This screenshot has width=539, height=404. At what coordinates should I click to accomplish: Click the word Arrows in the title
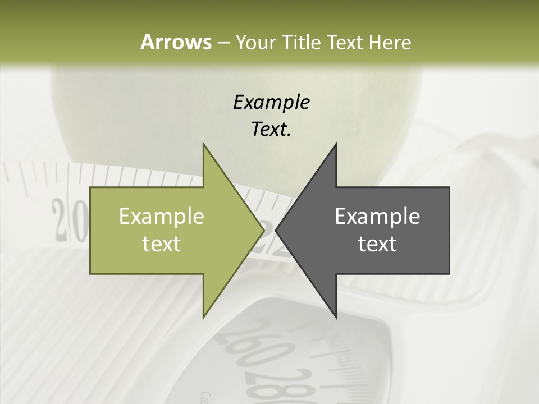[175, 42]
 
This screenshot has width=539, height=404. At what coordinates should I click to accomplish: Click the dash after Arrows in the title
[223, 43]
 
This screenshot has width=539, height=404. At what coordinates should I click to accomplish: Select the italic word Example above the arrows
[271, 102]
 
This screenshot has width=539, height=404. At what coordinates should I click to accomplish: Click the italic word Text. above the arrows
[271, 129]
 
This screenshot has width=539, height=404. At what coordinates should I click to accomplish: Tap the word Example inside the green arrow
[162, 217]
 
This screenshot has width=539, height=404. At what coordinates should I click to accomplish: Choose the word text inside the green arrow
[162, 244]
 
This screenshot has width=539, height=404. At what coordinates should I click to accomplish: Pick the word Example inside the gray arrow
[377, 217]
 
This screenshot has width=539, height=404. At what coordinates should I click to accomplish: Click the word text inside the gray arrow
[377, 244]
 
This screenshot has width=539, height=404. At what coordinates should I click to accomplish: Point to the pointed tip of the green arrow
[263, 230]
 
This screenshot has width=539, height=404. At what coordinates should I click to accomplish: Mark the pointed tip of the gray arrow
[276, 230]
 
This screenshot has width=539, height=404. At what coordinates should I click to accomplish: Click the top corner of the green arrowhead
[203, 144]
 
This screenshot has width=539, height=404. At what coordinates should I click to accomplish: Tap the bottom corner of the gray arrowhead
[336, 318]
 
